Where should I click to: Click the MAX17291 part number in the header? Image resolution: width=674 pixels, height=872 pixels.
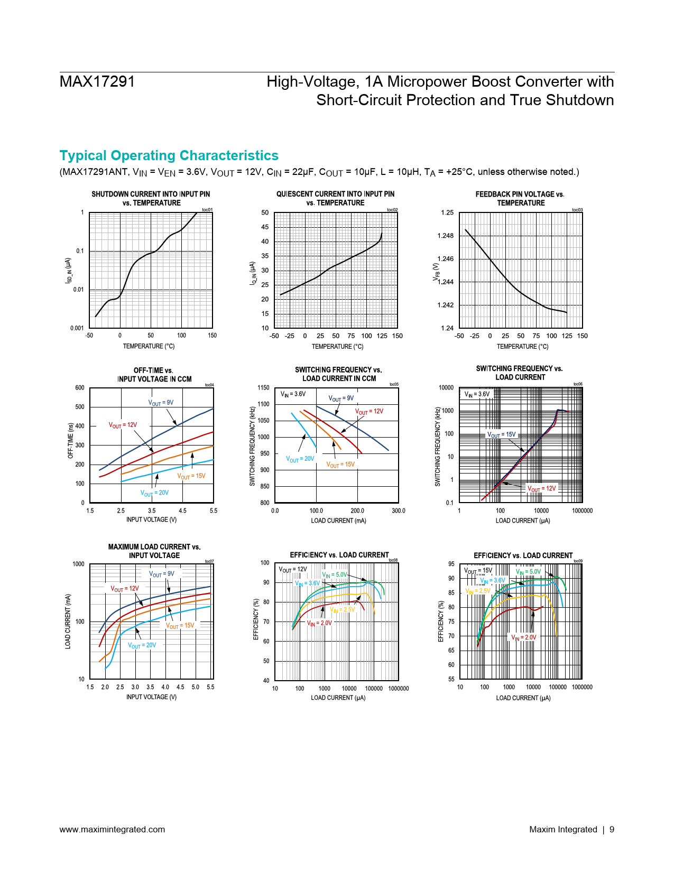pyautogui.click(x=97, y=81)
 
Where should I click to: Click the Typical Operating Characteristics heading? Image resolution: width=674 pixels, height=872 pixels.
pyautogui.click(x=169, y=155)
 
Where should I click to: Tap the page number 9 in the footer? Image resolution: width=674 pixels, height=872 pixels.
pyautogui.click(x=612, y=829)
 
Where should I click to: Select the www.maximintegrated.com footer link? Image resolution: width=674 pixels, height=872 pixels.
pyautogui.click(x=112, y=829)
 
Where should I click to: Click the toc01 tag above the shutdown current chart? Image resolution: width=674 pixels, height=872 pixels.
pyautogui.click(x=207, y=210)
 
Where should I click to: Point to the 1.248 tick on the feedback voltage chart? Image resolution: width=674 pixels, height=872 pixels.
pyautogui.click(x=446, y=236)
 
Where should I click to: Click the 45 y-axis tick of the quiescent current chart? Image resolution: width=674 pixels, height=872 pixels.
pyautogui.click(x=265, y=227)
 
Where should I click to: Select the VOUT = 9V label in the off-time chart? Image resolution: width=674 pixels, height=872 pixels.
pyautogui.click(x=161, y=403)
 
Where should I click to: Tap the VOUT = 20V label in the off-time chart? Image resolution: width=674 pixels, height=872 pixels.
pyautogui.click(x=154, y=493)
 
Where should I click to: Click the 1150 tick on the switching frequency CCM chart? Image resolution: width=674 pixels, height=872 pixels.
pyautogui.click(x=263, y=388)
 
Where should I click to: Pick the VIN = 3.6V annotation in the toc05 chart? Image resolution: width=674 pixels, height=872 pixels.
pyautogui.click(x=293, y=394)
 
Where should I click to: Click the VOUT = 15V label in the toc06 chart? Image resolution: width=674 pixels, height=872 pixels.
pyautogui.click(x=501, y=435)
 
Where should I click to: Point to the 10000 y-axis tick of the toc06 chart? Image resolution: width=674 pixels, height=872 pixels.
pyautogui.click(x=446, y=388)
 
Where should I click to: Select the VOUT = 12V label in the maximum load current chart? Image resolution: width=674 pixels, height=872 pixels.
pyautogui.click(x=125, y=589)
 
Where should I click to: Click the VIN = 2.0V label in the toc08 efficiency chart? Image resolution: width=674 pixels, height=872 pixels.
pyautogui.click(x=319, y=623)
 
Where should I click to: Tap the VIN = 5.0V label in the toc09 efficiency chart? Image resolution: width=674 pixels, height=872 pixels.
pyautogui.click(x=528, y=572)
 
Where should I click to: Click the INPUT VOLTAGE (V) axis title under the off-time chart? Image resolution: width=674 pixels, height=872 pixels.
pyautogui.click(x=151, y=520)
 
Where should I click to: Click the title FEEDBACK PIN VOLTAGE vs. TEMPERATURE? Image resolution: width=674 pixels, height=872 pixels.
pyautogui.click(x=520, y=198)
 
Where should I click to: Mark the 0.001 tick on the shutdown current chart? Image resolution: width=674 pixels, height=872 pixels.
pyautogui.click(x=77, y=328)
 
